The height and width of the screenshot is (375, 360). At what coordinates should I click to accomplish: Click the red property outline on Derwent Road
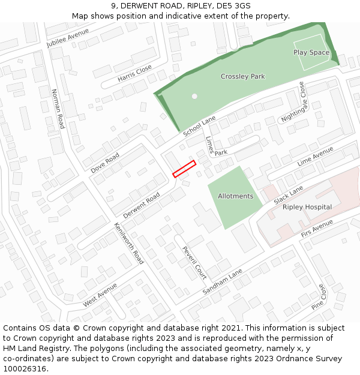[x=184, y=169]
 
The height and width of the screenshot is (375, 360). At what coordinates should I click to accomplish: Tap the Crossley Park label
[x=242, y=77]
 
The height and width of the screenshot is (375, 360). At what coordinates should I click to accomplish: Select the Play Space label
[x=311, y=53]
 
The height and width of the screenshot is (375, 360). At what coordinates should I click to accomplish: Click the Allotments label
[x=235, y=196]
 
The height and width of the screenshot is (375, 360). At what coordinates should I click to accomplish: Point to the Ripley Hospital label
[x=307, y=207]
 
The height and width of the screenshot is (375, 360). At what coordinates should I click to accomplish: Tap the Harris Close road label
[x=134, y=73]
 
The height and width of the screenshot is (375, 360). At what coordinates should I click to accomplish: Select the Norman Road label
[x=58, y=109]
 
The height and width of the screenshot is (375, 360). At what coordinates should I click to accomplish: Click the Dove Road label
[x=105, y=163]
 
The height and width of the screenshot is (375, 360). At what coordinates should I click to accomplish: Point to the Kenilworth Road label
[x=129, y=244]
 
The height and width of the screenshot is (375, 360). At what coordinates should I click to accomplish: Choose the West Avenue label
[x=100, y=295]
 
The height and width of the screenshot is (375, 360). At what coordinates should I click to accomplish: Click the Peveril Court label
[x=194, y=263]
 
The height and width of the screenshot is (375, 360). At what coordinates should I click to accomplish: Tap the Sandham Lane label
[x=222, y=281]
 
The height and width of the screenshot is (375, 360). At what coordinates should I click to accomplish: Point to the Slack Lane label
[x=289, y=194]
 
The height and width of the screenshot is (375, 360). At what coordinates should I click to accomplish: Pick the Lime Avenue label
[x=315, y=157]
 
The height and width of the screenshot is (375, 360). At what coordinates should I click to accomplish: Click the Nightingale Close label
[x=294, y=103]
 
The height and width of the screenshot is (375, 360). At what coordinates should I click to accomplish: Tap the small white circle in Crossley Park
[x=194, y=96]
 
